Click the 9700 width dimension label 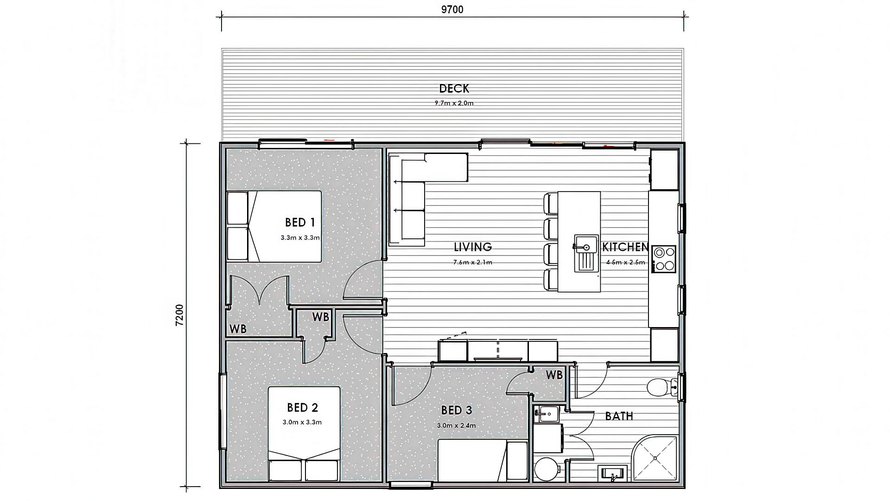[452, 10]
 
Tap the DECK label [454, 88]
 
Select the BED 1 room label [300, 222]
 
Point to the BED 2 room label [302, 407]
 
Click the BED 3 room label [457, 410]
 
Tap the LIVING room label [473, 247]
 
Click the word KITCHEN [625, 247]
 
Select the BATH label [619, 416]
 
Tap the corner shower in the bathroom [655, 458]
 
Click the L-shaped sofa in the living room [413, 186]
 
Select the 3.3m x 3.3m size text [300, 238]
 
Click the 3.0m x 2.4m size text [456, 425]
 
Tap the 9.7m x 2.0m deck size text [454, 103]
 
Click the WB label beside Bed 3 [554, 374]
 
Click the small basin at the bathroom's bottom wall [612, 474]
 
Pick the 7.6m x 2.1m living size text [473, 262]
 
